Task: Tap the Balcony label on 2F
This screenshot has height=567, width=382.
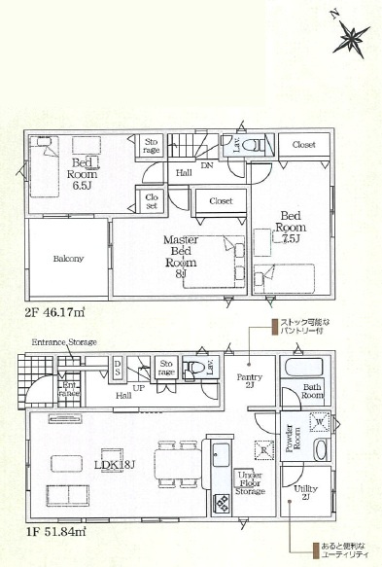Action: [68, 259]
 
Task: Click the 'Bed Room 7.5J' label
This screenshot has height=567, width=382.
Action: [292, 227]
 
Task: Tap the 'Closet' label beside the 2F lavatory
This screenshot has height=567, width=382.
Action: [303, 144]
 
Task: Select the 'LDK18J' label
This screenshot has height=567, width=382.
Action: [113, 465]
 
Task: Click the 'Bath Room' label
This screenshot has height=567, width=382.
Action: [312, 393]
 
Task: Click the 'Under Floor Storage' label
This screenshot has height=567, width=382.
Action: [249, 483]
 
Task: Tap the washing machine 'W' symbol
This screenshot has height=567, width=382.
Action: [319, 422]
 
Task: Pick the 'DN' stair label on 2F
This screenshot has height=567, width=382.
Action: [207, 165]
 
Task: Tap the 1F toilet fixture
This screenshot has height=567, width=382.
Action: [195, 369]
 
